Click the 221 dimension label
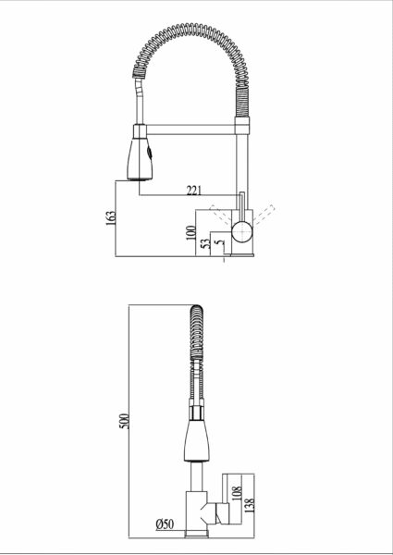(x=194, y=191)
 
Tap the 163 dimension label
(x=111, y=218)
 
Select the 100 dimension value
(x=190, y=233)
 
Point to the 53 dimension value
(x=205, y=244)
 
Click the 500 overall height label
(x=124, y=421)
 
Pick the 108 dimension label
(x=237, y=493)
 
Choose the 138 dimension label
(x=250, y=506)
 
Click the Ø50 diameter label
(x=165, y=524)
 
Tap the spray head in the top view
(x=140, y=159)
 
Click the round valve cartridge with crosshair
(x=242, y=232)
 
